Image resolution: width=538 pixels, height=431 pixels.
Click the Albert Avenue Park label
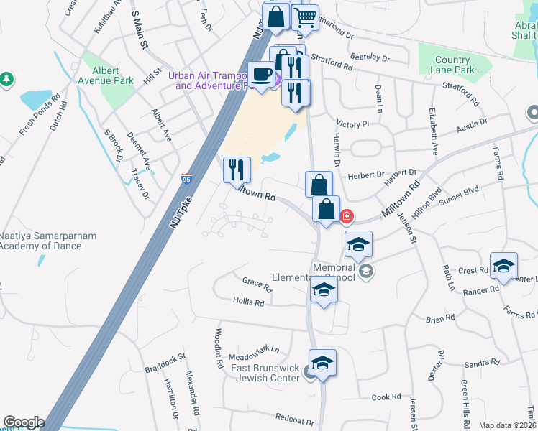(x=114, y=75)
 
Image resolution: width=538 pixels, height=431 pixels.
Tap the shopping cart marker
(x=306, y=17)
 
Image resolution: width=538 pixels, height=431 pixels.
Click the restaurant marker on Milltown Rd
(x=237, y=170)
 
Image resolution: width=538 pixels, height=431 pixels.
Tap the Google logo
(x=24, y=422)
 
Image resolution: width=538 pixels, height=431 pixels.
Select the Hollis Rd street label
(x=248, y=303)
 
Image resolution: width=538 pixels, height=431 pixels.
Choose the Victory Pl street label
(x=352, y=124)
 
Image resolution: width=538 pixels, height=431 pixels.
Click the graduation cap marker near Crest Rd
(x=503, y=265)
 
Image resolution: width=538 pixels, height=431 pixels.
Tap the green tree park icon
(x=6, y=78)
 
